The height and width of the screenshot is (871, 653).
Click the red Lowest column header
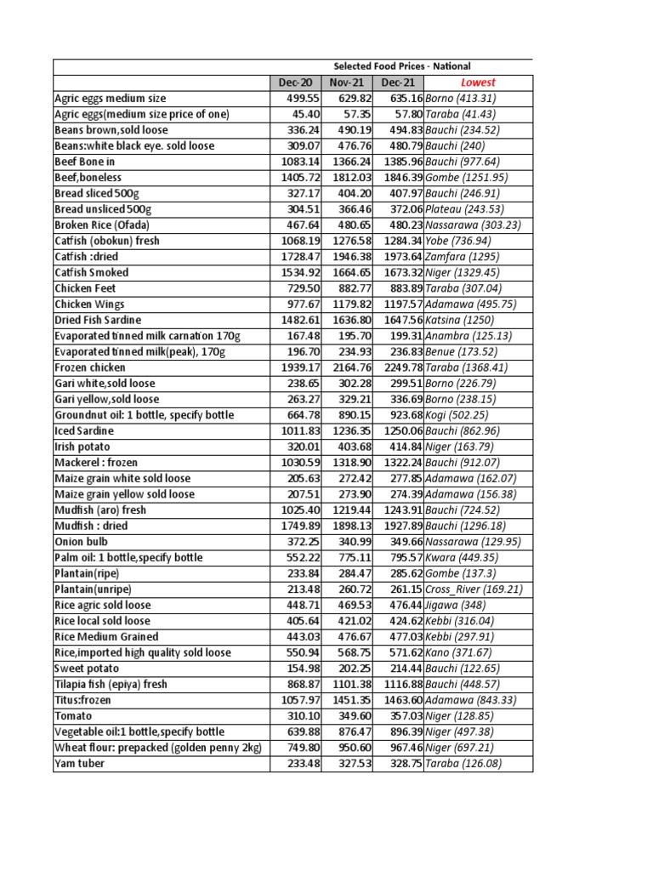point(478,83)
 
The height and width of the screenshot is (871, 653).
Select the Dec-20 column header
point(295,83)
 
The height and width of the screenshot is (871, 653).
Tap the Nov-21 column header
point(347,83)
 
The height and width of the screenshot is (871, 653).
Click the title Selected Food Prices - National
point(401,66)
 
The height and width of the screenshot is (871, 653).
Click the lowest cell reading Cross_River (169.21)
point(474,589)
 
